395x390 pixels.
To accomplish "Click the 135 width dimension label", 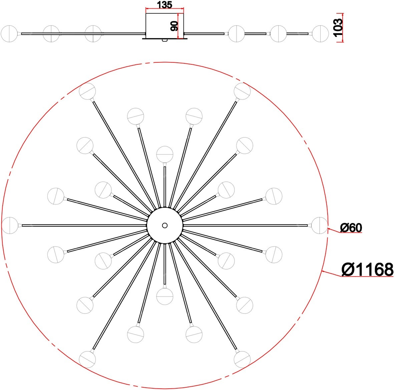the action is point(164,5).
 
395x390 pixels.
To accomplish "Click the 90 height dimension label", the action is point(174,26).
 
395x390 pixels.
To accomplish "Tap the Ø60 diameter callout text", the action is point(351,228).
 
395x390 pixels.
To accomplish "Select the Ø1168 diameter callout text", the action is point(367,269).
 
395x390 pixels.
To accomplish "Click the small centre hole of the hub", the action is point(165,225).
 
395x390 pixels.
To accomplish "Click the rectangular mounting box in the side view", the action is point(165,26).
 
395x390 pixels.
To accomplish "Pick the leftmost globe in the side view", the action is point(9,33).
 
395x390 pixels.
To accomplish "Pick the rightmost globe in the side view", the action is point(320,33).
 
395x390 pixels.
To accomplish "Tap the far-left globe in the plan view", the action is point(10,225).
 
